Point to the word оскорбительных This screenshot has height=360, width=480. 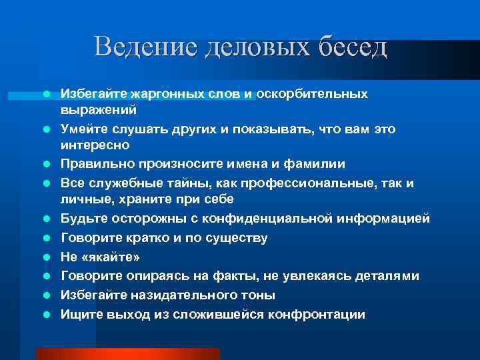tap(312, 94)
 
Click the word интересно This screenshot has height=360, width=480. tap(95, 144)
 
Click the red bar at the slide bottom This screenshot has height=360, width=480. tap(127, 353)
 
